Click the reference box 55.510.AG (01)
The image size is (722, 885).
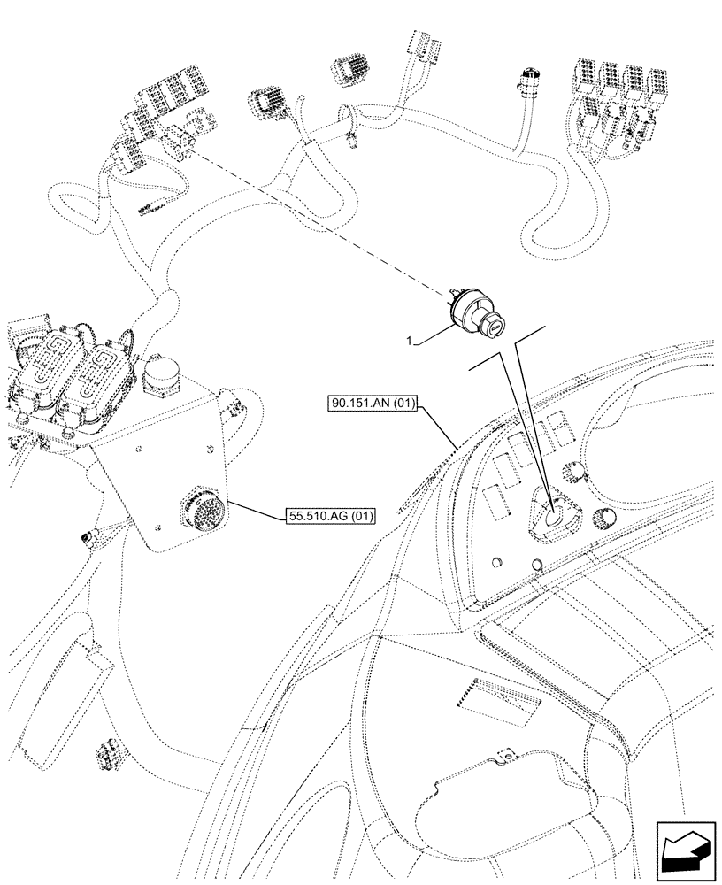click(x=330, y=515)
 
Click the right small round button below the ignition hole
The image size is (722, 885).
click(x=537, y=566)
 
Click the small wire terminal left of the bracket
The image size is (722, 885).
click(x=87, y=536)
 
